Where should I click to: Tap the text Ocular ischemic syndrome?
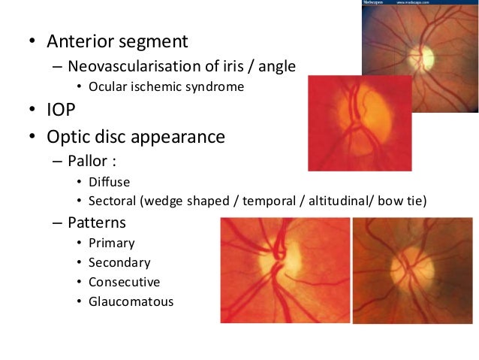(166, 86)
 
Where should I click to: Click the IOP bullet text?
(65, 111)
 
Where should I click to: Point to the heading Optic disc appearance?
(135, 138)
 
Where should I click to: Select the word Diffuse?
(109, 182)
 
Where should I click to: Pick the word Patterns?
(97, 222)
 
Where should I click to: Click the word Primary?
(112, 244)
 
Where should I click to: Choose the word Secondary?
(119, 263)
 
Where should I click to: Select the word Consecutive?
(124, 283)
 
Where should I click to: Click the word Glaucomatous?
(131, 302)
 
